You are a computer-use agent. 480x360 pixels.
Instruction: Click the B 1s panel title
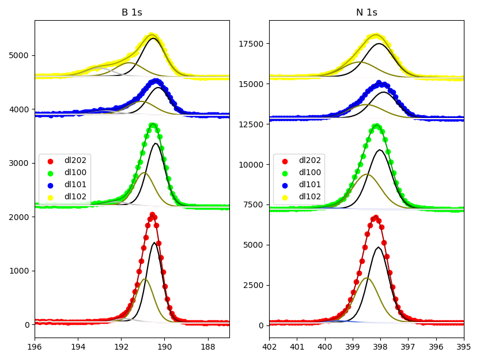pyautogui.click(x=131, y=12)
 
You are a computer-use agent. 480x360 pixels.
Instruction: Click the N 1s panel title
pyautogui.click(x=366, y=12)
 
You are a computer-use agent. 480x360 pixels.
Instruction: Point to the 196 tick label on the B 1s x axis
pyautogui.click(x=35, y=347)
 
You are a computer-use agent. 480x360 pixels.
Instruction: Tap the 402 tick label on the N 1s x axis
pyautogui.click(x=269, y=347)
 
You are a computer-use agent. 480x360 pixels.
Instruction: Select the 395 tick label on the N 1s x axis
pyautogui.click(x=464, y=347)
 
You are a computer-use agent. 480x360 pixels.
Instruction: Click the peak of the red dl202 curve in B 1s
pyautogui.click(x=153, y=215)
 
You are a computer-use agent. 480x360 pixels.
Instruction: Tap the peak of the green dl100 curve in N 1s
pyautogui.click(x=376, y=126)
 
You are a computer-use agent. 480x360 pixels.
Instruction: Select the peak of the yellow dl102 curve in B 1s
pyautogui.click(x=152, y=36)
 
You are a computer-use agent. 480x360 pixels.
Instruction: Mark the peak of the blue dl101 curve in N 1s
pyautogui.click(x=379, y=83)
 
